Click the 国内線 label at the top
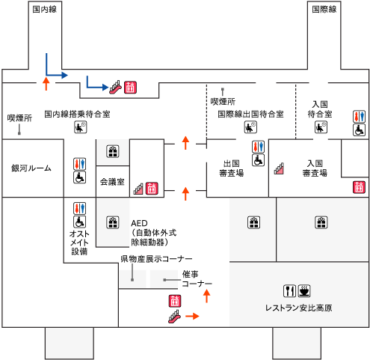tap(45, 10)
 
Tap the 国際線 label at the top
tap(324, 10)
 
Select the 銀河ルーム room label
tap(31, 168)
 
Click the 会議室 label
tap(112, 182)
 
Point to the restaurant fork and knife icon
tap(289, 291)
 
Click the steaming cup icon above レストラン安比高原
tap(304, 291)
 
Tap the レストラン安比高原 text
tap(298, 308)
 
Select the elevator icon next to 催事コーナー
tap(175, 301)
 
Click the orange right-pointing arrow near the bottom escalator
tap(192, 317)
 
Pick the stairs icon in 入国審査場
tap(279, 168)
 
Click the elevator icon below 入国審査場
tap(359, 187)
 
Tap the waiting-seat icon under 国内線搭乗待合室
tap(81, 127)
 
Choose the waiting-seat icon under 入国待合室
tap(321, 127)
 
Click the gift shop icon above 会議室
tap(113, 151)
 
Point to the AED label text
tap(139, 223)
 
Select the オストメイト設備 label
tap(79, 242)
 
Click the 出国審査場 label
tap(232, 168)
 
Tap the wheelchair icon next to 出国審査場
tap(258, 160)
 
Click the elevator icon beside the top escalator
tap(130, 88)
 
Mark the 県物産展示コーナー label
tap(156, 259)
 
